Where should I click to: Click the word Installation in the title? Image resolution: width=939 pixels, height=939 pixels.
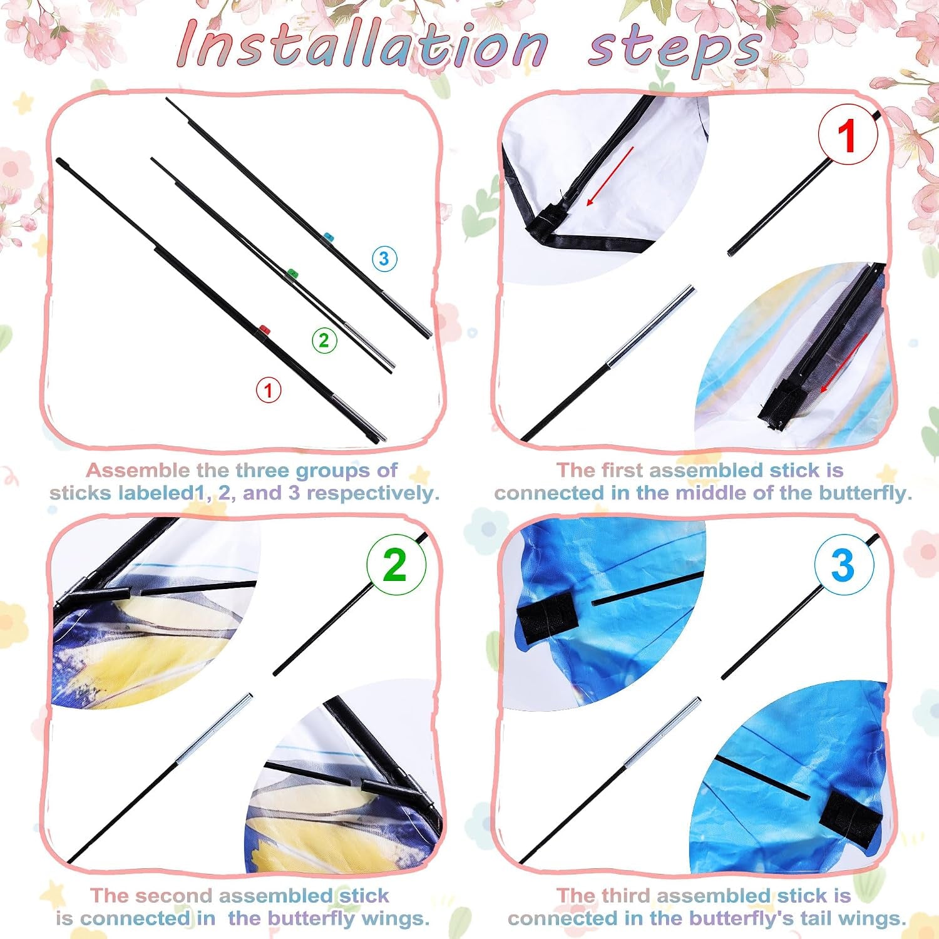(x=363, y=44)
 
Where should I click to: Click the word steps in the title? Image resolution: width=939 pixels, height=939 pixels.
(x=675, y=49)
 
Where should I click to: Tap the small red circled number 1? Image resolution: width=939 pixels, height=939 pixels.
(x=269, y=390)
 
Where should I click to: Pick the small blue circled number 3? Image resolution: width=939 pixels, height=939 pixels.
(x=384, y=259)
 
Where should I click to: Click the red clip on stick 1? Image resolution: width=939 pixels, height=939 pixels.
(x=264, y=329)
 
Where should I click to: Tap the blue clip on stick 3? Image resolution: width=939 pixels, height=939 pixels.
(x=328, y=237)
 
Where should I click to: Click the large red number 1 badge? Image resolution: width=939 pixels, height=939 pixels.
(x=848, y=135)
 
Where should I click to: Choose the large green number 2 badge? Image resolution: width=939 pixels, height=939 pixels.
(x=396, y=565)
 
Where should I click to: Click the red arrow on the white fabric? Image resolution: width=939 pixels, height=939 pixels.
(x=610, y=177)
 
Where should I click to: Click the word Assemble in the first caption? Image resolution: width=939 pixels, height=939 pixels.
(x=138, y=470)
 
